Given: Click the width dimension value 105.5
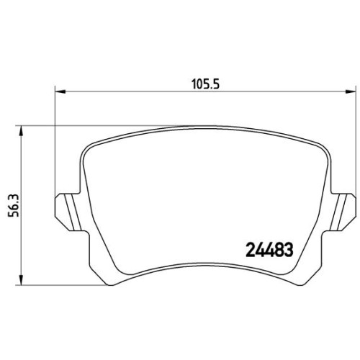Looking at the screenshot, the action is (x=206, y=84).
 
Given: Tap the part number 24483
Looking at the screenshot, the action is (x=269, y=250).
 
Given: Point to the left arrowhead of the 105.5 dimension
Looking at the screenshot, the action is (x=60, y=91).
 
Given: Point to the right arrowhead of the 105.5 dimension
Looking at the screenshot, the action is (x=350, y=91).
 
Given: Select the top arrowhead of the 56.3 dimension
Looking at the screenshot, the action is (x=22, y=131).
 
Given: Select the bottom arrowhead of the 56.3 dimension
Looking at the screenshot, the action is (x=22, y=280).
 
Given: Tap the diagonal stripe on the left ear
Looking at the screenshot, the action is (x=73, y=212).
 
